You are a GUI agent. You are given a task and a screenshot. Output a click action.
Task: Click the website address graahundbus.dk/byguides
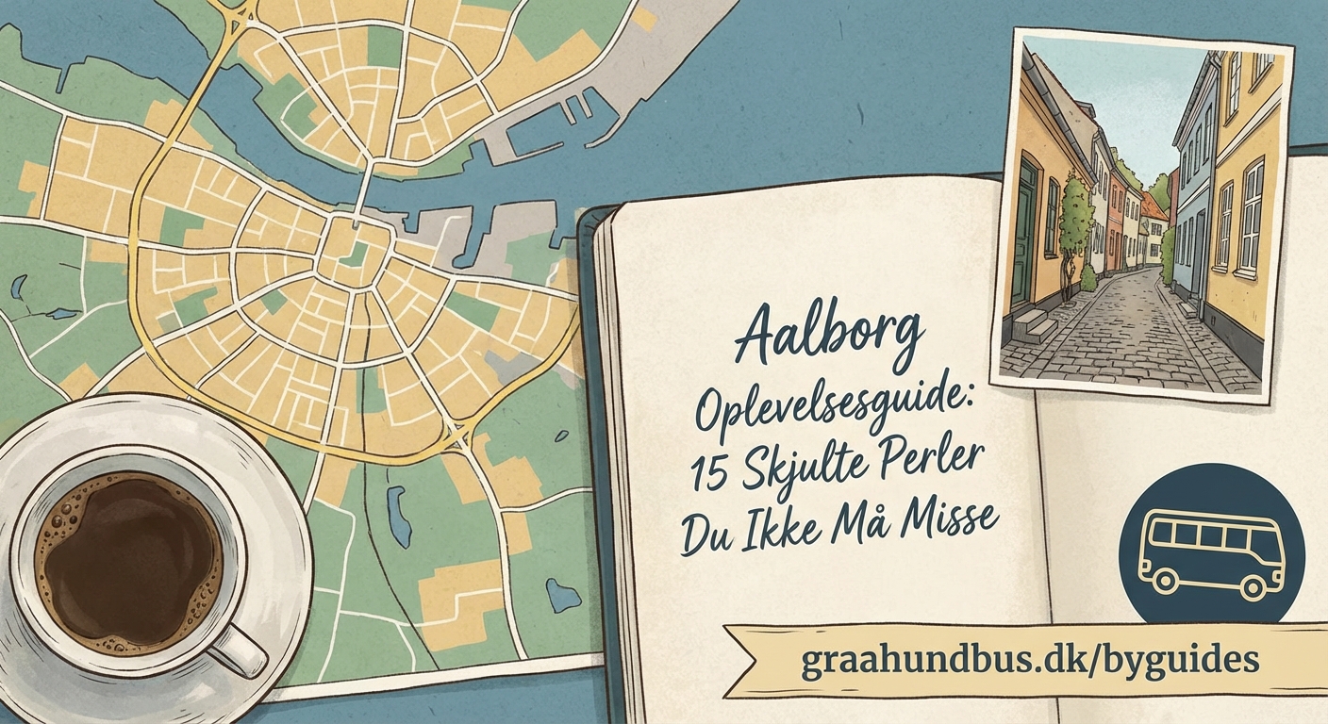(1030, 659)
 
